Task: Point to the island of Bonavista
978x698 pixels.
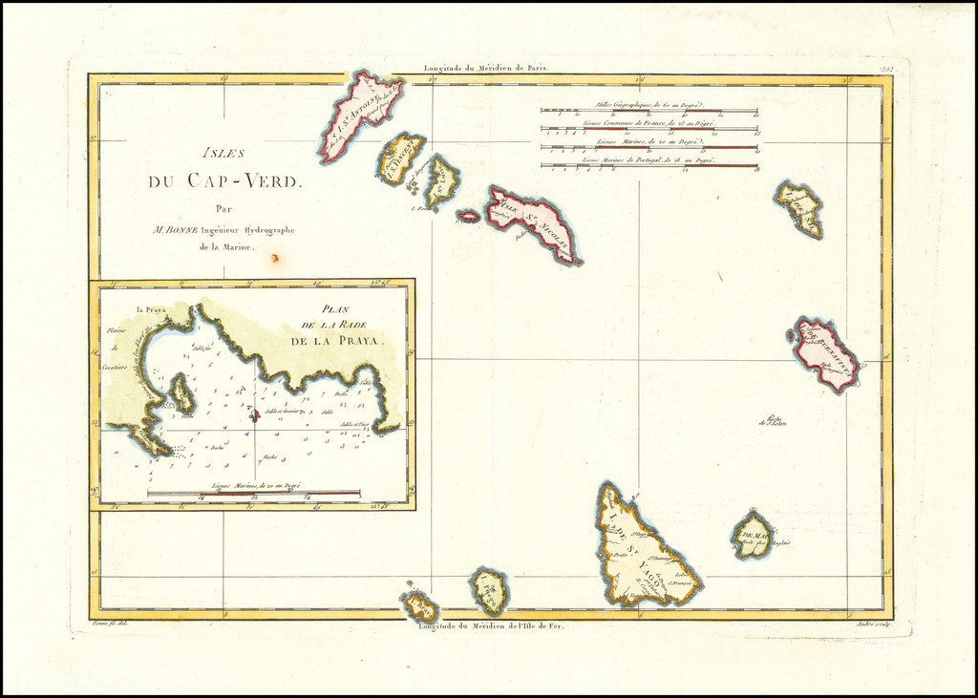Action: point(827,352)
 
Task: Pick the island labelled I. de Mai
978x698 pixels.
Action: point(753,536)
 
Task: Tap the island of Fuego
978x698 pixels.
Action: point(489,591)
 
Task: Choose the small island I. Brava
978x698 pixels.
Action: point(420,606)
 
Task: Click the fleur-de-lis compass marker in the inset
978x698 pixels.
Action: point(254,414)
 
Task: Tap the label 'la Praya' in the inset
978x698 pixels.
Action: point(151,309)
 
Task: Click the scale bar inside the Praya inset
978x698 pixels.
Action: point(253,494)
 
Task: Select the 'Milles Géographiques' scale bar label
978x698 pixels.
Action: point(648,104)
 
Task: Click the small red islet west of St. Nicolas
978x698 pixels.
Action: point(468,216)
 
